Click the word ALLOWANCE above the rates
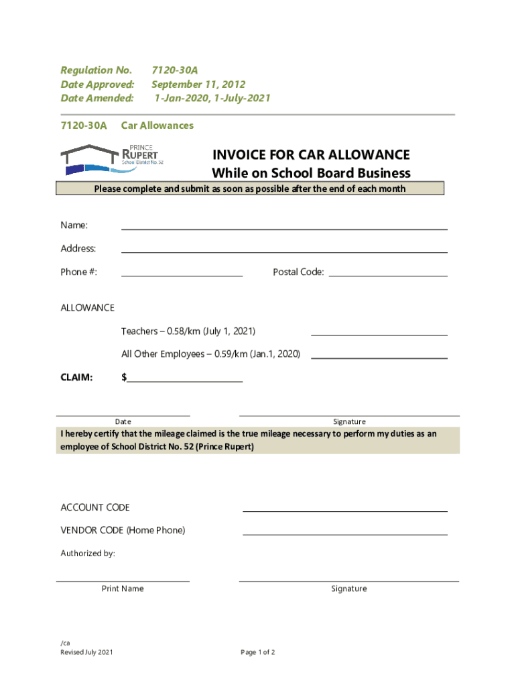pos(88,308)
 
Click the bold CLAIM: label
pos(77,378)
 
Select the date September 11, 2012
pos(198,85)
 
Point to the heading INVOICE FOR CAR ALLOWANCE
pos(311,155)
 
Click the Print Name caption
pos(123,589)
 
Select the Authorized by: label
pos(88,554)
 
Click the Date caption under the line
pos(123,422)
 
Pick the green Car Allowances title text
pos(157,125)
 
